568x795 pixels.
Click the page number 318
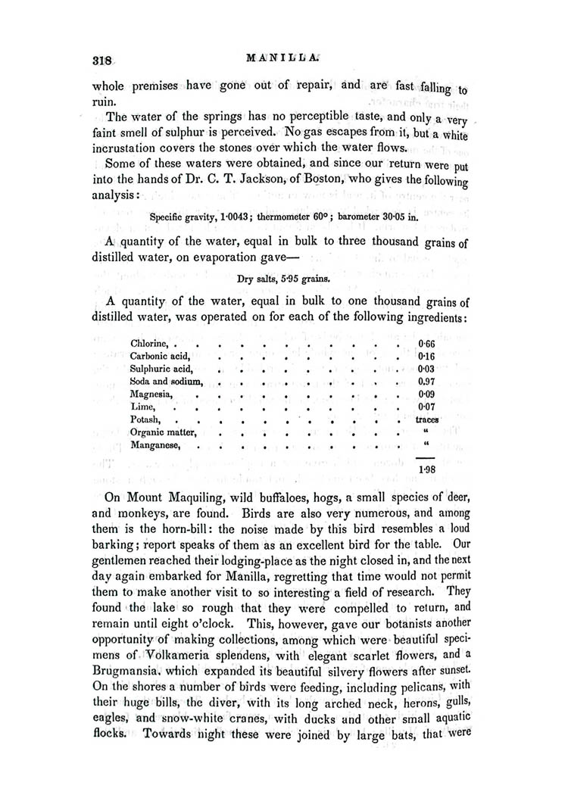(101, 61)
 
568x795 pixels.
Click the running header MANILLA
(285, 57)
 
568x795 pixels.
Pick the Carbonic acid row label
(158, 357)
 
